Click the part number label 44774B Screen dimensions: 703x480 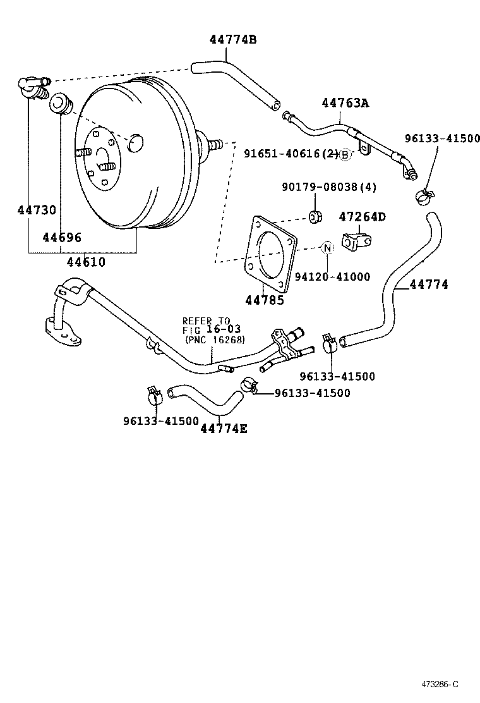[233, 40]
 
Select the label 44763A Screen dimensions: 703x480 [345, 102]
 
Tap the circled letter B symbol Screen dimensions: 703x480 [345, 154]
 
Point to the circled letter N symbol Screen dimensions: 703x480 [327, 247]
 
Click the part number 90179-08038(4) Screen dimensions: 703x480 [329, 187]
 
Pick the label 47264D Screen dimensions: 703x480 [363, 217]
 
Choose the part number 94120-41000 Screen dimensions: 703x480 [333, 276]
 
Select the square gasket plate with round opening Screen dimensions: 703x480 [270, 254]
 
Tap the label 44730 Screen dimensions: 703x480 [37, 210]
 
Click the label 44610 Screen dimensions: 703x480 [87, 261]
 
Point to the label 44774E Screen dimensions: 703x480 [224, 428]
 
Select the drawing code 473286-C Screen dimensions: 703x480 [440, 684]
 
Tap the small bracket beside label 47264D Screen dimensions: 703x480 [356, 241]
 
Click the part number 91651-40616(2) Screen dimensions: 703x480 [291, 154]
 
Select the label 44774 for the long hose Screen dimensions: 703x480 [429, 284]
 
